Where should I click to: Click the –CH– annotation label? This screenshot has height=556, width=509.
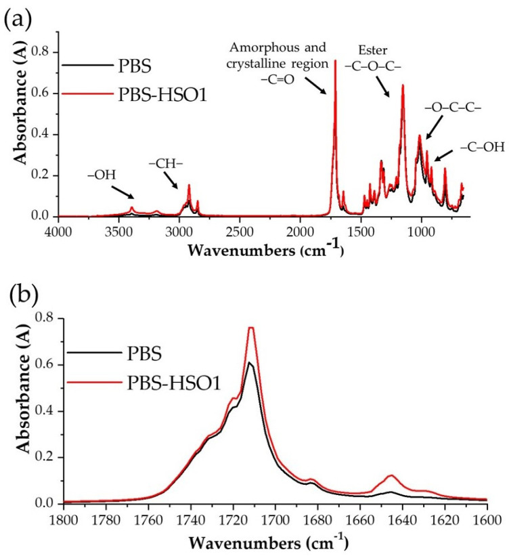164,163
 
